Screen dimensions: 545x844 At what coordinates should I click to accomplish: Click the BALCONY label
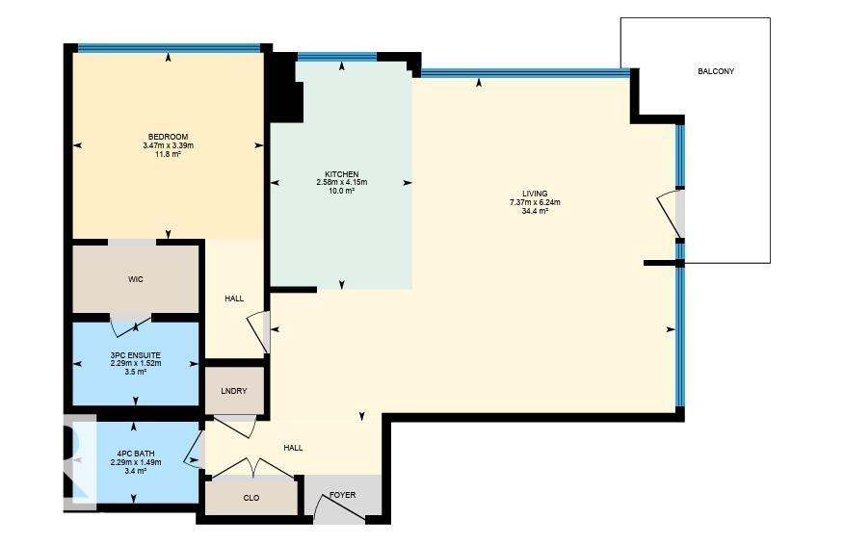tap(716, 71)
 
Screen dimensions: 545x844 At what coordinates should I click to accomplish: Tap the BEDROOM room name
tap(168, 137)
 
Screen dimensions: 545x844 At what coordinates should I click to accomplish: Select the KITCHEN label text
tap(341, 174)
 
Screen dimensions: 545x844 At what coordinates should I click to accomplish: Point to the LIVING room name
tap(535, 195)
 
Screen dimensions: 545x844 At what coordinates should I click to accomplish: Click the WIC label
tap(136, 279)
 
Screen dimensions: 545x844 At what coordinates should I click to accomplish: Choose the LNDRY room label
tap(234, 391)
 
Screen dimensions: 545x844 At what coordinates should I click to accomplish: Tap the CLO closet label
tap(251, 498)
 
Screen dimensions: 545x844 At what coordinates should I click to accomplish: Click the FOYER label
tap(342, 495)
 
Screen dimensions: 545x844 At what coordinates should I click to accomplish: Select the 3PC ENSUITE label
tap(136, 355)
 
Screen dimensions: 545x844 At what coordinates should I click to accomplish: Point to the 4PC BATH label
tap(136, 454)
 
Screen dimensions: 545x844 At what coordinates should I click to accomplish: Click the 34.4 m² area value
tap(535, 211)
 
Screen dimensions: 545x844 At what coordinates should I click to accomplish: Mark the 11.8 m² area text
tap(168, 154)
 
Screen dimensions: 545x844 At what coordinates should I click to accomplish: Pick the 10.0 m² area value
tap(341, 191)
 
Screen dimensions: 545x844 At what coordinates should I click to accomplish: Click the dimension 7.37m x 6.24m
tap(535, 202)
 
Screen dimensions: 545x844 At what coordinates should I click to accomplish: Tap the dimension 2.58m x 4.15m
tap(341, 182)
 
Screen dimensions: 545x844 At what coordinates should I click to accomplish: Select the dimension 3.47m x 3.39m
tap(168, 145)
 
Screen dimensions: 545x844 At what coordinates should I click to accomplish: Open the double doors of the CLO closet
tap(252, 469)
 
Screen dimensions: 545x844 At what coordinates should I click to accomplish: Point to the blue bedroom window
tap(170, 47)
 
